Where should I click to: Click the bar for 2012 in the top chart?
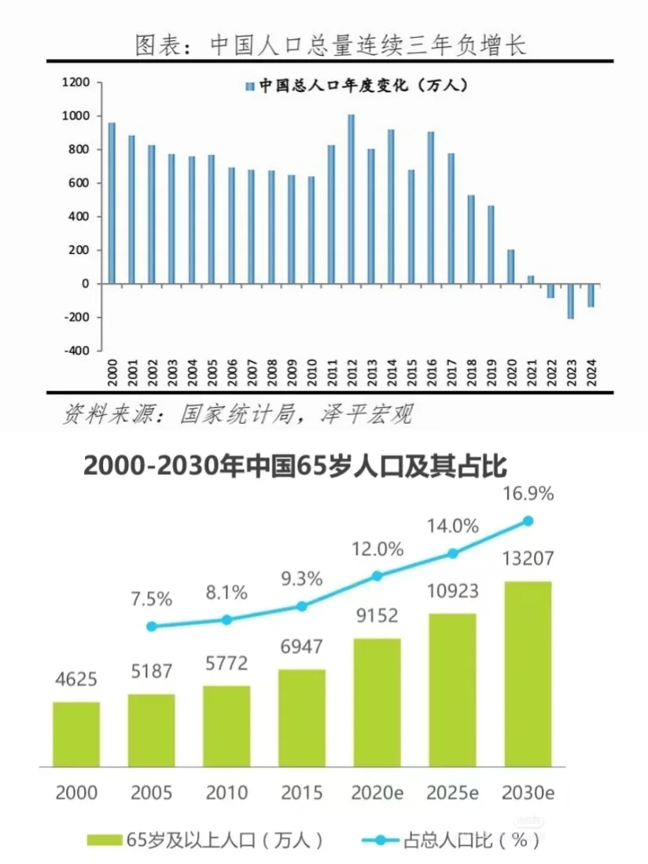click(x=351, y=199)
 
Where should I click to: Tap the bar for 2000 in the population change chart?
click(x=112, y=203)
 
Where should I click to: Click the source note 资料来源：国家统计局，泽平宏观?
click(x=236, y=414)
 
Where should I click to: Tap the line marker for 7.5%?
click(x=152, y=627)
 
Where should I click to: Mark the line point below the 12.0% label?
click(x=377, y=575)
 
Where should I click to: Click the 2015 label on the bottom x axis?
click(x=302, y=791)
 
